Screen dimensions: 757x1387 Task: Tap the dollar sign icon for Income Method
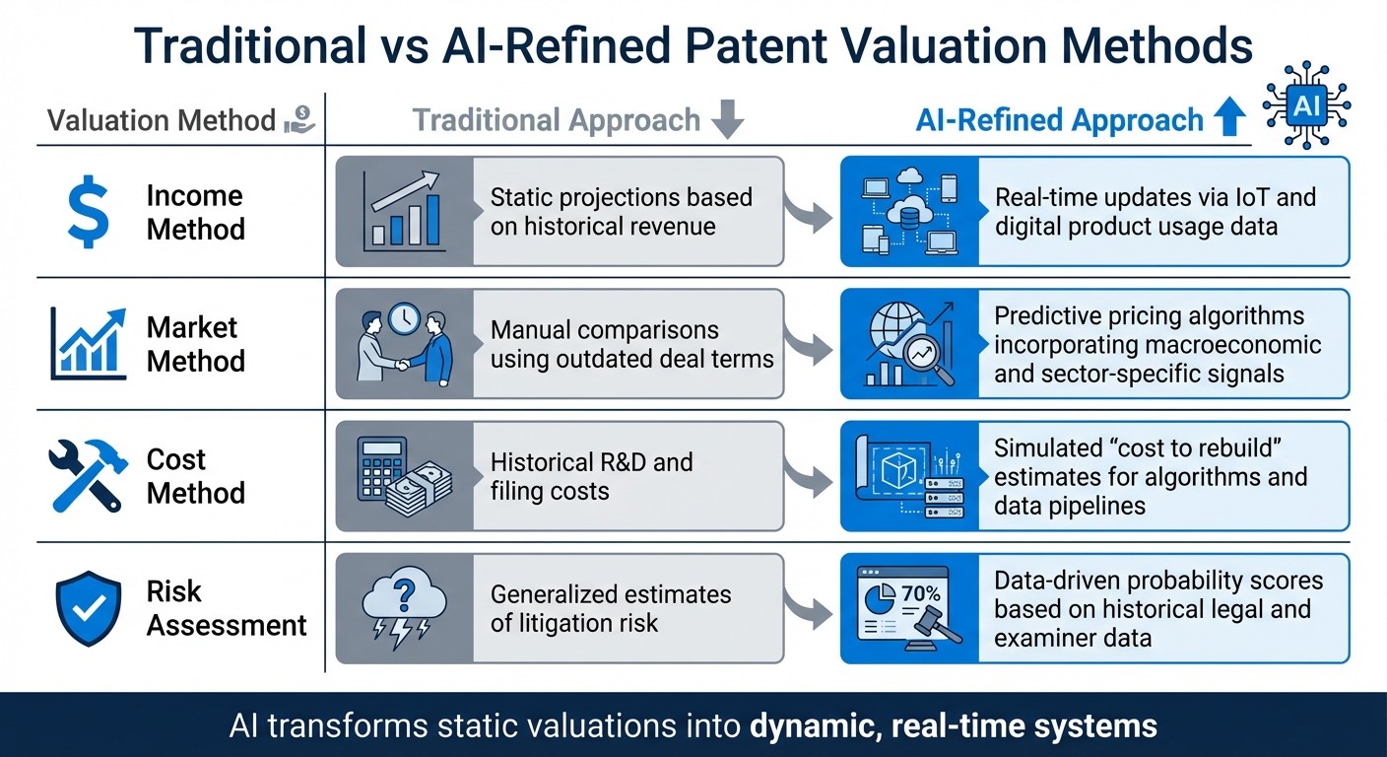[x=88, y=211]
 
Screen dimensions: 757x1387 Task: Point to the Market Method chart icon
[x=89, y=344]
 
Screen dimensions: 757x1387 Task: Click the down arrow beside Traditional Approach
[x=728, y=120]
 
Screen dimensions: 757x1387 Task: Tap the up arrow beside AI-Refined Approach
[x=1229, y=120]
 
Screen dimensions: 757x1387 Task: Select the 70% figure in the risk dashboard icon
[x=920, y=593]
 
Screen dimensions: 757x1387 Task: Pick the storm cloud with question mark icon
[x=404, y=608]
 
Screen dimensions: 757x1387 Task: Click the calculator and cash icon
[x=404, y=476]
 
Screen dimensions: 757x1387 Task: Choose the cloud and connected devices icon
[x=908, y=211]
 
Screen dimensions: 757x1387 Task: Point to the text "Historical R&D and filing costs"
[x=591, y=476]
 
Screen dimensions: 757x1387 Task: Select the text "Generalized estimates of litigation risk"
[x=611, y=608]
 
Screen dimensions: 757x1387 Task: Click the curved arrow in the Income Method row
[x=810, y=211]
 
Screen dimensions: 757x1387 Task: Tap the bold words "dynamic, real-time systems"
[x=953, y=726]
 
